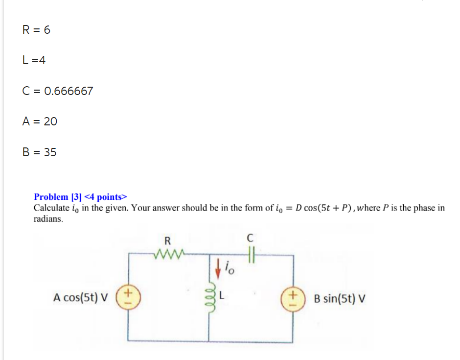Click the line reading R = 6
pos(36,30)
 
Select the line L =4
pos(34,60)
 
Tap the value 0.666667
pos(69,91)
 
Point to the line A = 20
pos(40,121)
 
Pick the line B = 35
pos(39,152)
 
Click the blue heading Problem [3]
pos(58,197)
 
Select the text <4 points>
pos(106,197)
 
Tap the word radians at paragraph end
pos(48,219)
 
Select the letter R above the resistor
pos(167,240)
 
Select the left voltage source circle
pos(128,297)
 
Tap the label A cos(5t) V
pos(81,297)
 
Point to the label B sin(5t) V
pos(339,298)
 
